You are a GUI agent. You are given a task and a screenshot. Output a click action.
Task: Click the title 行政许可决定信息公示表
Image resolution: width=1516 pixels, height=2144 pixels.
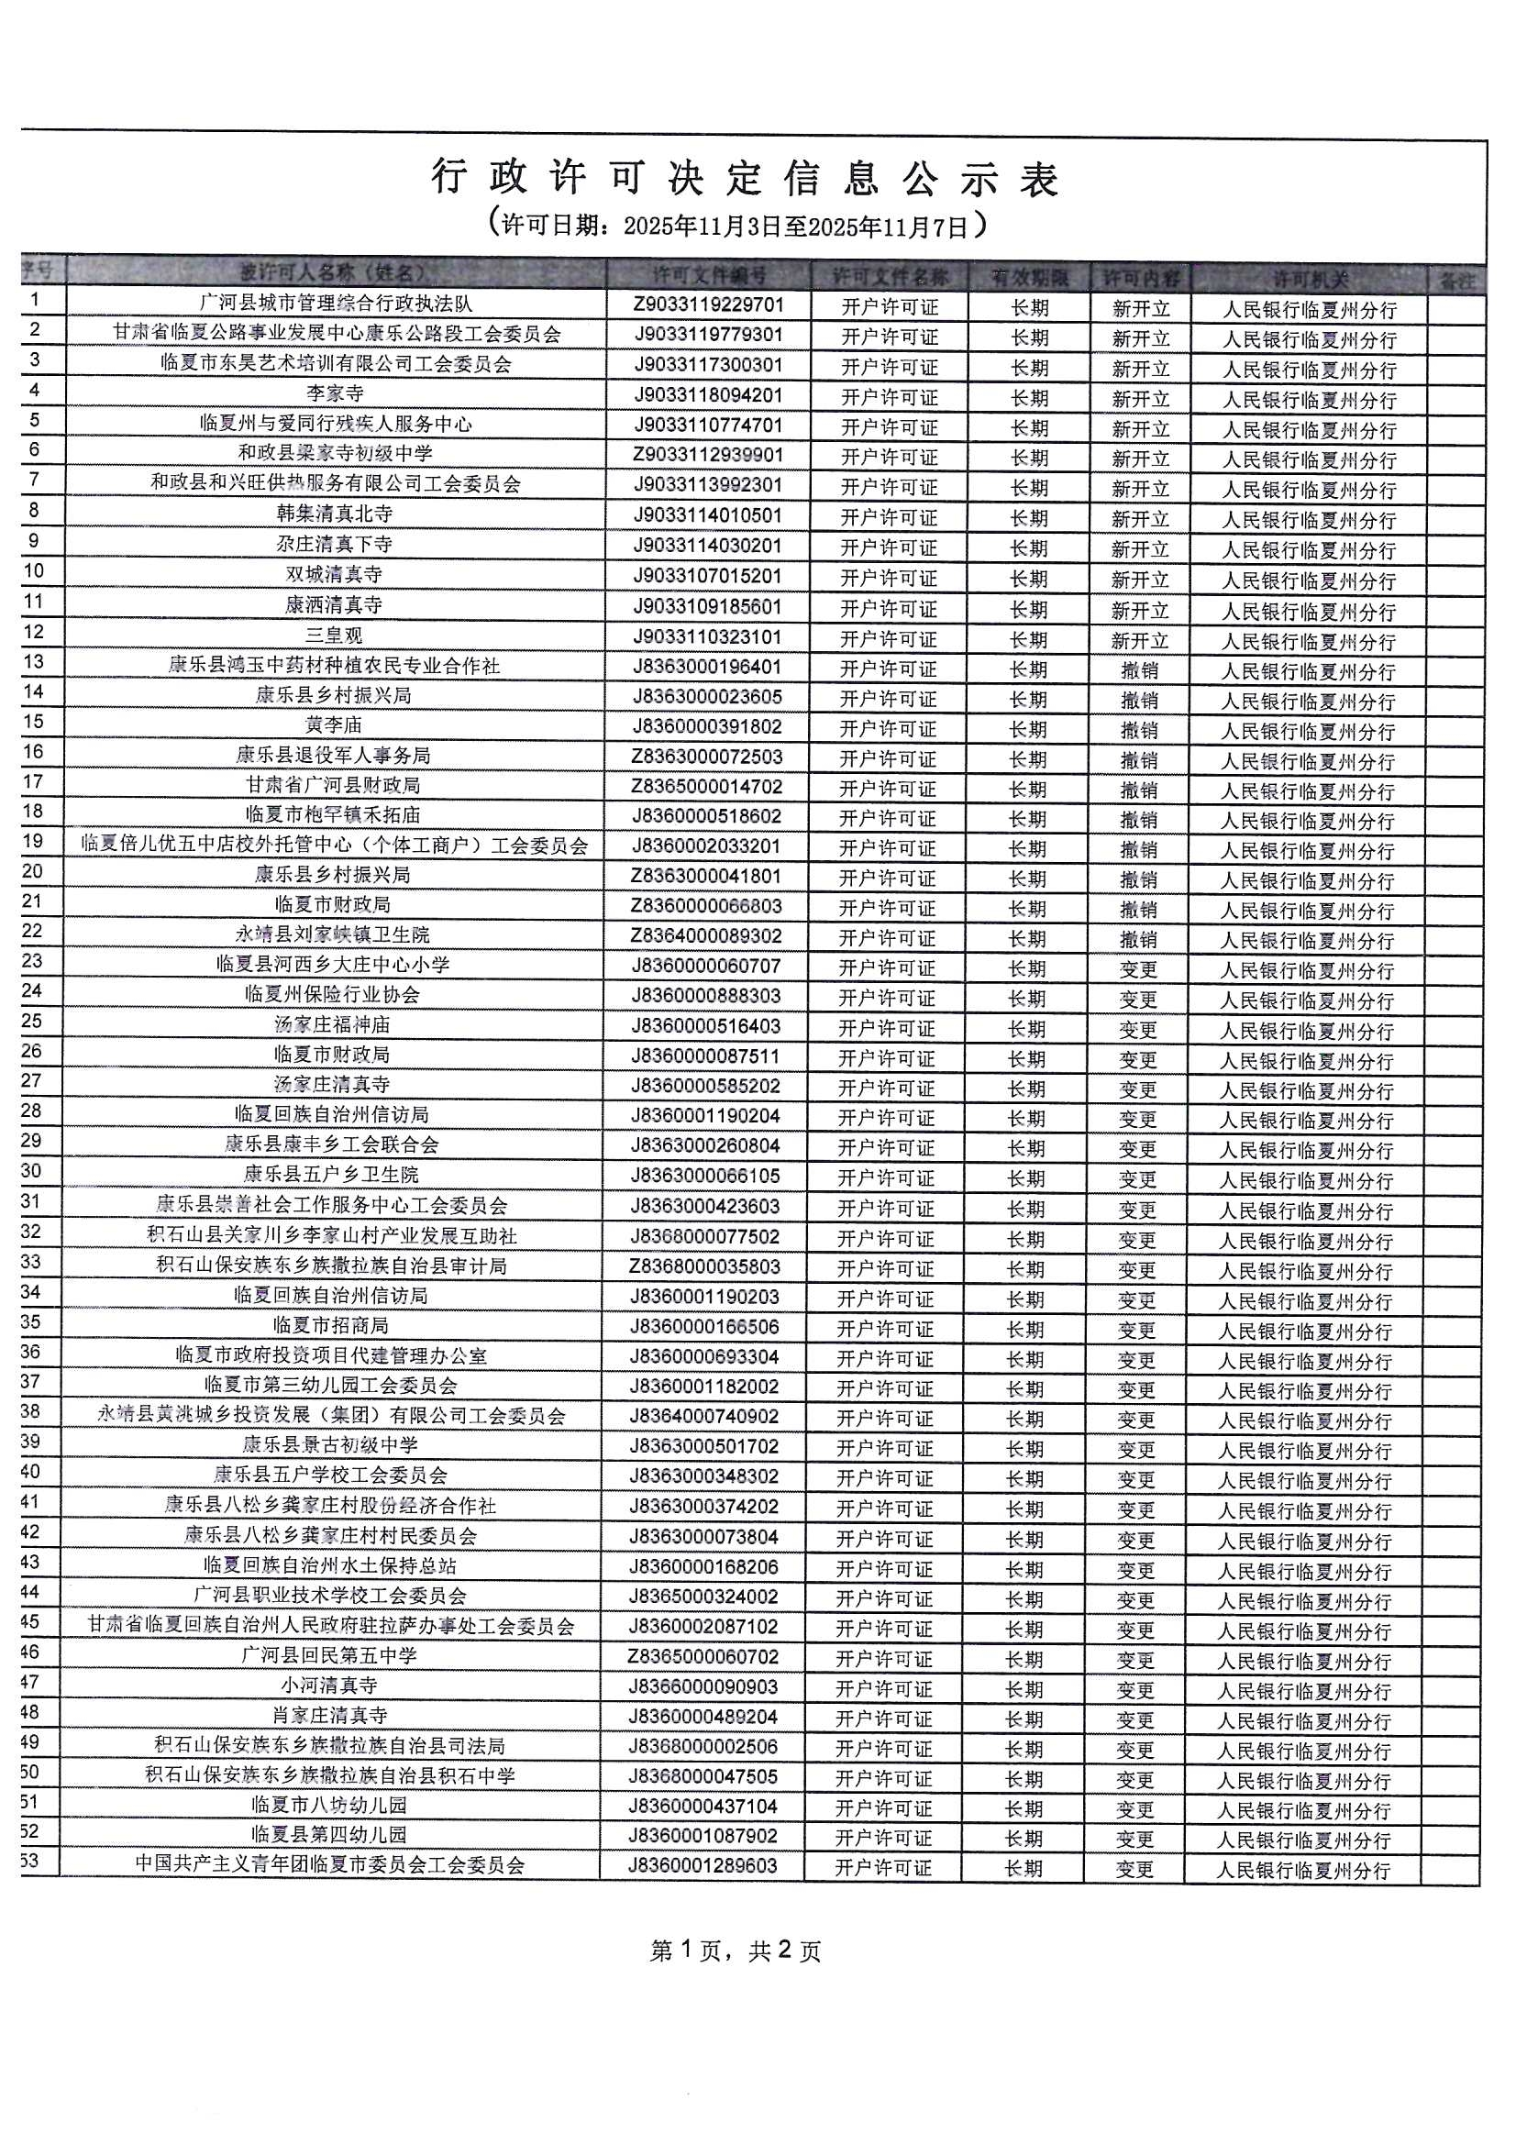[x=745, y=178]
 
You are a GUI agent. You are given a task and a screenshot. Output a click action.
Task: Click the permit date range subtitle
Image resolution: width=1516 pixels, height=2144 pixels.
[x=736, y=225]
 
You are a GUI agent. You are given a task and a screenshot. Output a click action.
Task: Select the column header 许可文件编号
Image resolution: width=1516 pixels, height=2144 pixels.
[x=709, y=275]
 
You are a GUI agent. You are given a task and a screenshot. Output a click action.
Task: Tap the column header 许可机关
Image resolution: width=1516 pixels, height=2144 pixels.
[x=1310, y=278]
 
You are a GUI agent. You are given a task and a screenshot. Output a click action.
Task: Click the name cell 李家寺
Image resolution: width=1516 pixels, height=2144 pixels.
[x=336, y=393]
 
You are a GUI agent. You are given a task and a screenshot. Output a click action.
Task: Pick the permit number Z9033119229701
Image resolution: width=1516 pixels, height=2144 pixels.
[x=709, y=304]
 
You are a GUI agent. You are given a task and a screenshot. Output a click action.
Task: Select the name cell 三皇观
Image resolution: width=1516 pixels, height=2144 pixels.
[x=335, y=635]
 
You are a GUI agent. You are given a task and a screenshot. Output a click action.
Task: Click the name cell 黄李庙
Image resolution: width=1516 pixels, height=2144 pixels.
[x=334, y=724]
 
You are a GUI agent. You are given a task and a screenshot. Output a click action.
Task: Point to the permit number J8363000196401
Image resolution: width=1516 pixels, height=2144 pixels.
[x=707, y=667]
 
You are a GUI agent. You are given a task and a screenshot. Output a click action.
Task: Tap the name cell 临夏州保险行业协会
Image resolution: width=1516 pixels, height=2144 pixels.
[x=333, y=994]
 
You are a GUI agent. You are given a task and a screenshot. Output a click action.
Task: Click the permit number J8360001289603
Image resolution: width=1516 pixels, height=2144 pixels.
[x=703, y=1866]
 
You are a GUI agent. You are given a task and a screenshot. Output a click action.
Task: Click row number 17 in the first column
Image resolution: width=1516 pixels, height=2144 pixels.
[x=33, y=781]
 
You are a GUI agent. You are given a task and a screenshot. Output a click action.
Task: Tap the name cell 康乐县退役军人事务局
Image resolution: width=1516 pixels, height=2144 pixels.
[x=334, y=755]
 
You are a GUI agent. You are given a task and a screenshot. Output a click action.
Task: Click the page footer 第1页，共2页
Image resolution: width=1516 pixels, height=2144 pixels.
[x=736, y=1951]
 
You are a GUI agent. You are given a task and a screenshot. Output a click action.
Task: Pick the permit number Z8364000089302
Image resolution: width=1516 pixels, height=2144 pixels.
[x=706, y=935]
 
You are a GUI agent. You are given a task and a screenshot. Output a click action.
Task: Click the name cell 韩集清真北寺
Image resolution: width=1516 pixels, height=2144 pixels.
[x=335, y=514]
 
